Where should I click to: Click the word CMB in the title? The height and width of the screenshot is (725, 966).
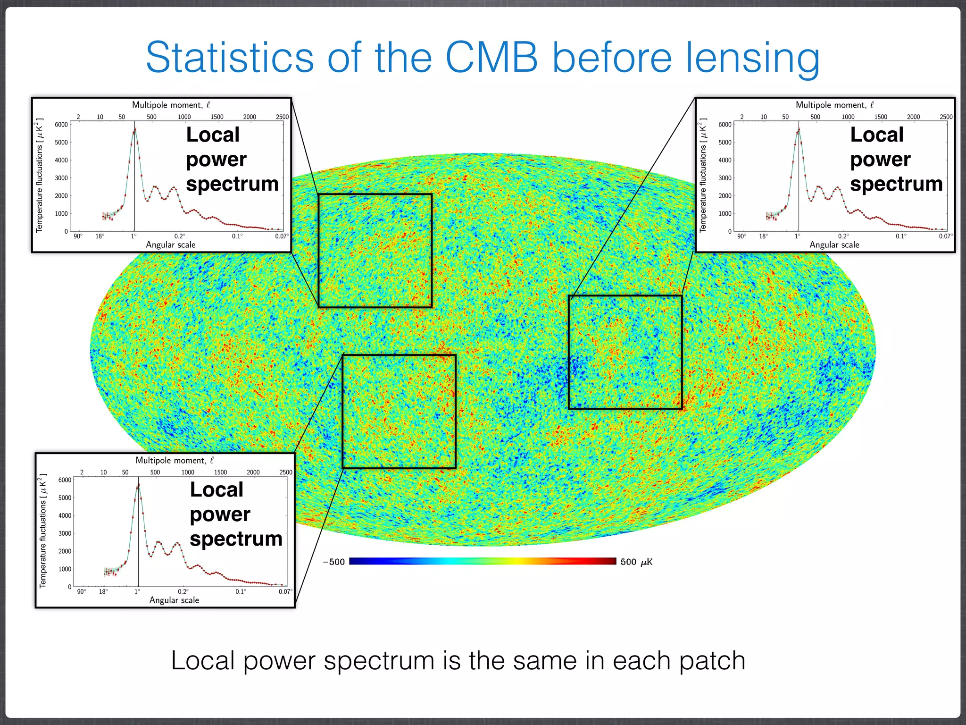coord(491,58)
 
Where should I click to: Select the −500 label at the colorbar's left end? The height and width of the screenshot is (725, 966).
coord(333,562)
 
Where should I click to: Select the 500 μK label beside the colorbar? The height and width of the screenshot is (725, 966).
coord(636,562)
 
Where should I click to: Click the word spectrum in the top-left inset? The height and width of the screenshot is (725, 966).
coord(232,184)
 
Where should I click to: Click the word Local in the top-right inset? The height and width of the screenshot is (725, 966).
coord(876,135)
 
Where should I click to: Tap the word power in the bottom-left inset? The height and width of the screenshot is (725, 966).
coord(220,514)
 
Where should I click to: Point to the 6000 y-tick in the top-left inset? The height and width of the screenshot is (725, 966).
coord(61,125)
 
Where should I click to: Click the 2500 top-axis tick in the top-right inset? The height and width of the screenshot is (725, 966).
coord(946,117)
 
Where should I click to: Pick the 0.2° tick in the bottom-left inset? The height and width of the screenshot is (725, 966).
coord(183,591)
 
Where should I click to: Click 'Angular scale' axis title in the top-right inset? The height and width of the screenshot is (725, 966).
coord(834,244)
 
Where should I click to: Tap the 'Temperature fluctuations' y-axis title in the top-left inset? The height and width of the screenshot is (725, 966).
coord(39,176)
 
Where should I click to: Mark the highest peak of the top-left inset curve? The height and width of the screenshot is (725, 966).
coord(135,129)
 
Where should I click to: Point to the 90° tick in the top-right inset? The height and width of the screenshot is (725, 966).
coord(741,236)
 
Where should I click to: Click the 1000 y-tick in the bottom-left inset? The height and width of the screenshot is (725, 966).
coord(65,569)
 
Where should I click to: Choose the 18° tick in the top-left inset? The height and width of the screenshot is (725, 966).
coord(100,236)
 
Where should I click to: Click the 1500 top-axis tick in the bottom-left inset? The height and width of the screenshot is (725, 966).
coord(220,472)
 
